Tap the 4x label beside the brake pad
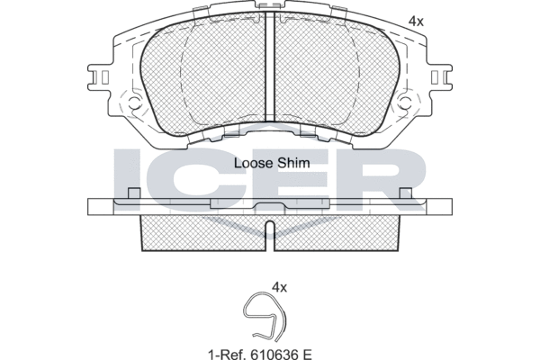(x=416, y=22)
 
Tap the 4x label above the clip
(x=279, y=287)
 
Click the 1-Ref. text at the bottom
(x=228, y=354)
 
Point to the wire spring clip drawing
(x=265, y=316)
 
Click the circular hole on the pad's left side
(x=135, y=102)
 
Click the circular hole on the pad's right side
(x=405, y=102)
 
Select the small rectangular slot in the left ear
(x=105, y=76)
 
